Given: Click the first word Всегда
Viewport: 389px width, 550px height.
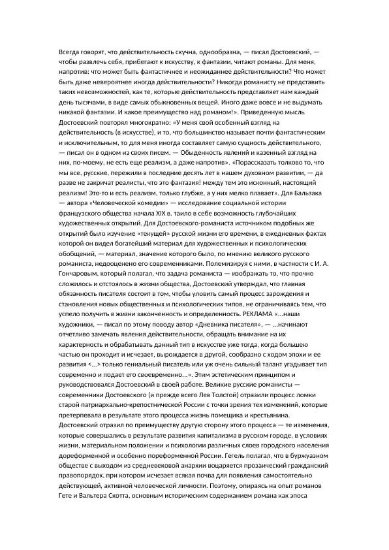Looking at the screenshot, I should pyautogui.click(x=69, y=50).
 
